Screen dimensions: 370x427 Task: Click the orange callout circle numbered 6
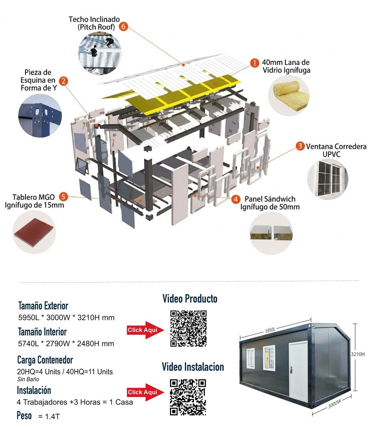click(x=123, y=26)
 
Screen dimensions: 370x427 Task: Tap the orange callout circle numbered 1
click(x=254, y=63)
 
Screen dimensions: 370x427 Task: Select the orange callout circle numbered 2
click(x=64, y=81)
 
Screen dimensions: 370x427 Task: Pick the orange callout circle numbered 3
click(x=300, y=146)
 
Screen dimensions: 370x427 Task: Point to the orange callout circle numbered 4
click(x=236, y=199)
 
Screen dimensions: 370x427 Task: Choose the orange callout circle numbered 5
click(x=63, y=196)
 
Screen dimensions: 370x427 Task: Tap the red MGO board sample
click(x=34, y=232)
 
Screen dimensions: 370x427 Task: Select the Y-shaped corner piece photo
click(x=40, y=116)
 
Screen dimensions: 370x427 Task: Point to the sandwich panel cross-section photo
click(x=271, y=233)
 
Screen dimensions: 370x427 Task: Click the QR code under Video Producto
click(x=189, y=328)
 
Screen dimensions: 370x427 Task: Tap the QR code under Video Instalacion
click(x=188, y=397)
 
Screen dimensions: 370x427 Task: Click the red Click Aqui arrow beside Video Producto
click(x=146, y=330)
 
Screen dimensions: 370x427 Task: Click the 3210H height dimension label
click(x=358, y=354)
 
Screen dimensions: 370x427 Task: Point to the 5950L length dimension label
click(x=270, y=330)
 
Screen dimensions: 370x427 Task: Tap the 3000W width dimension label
click(x=334, y=404)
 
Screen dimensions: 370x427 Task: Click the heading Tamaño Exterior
click(x=43, y=306)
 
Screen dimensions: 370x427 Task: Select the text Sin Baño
click(x=28, y=379)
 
